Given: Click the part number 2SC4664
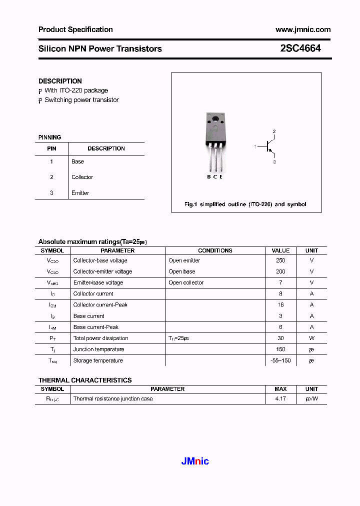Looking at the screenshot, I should tap(300, 48).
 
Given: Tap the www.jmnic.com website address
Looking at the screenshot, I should tap(302, 29).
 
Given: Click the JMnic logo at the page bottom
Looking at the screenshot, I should tap(194, 461).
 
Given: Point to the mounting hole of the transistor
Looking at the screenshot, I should tap(215, 119).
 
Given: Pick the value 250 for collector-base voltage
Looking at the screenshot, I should tap(280, 260).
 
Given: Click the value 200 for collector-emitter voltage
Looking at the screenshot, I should tap(280, 271).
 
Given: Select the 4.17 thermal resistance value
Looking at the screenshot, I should tap(280, 399).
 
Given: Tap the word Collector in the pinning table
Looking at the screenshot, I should tap(82, 177).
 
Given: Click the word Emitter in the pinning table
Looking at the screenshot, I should tap(80, 193).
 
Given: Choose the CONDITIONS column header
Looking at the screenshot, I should tap(215, 250).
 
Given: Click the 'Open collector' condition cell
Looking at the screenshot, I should tap(186, 282).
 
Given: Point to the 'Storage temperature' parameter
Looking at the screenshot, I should tap(98, 360).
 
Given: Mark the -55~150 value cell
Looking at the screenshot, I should tap(280, 360).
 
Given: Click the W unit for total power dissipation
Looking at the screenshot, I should tap(311, 338).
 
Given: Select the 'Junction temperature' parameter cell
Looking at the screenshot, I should tap(98, 349).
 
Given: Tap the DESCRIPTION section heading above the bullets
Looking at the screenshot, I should tap(60, 81).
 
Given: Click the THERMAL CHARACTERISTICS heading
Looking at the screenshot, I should tap(85, 380).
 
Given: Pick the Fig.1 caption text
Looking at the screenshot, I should tap(245, 204).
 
